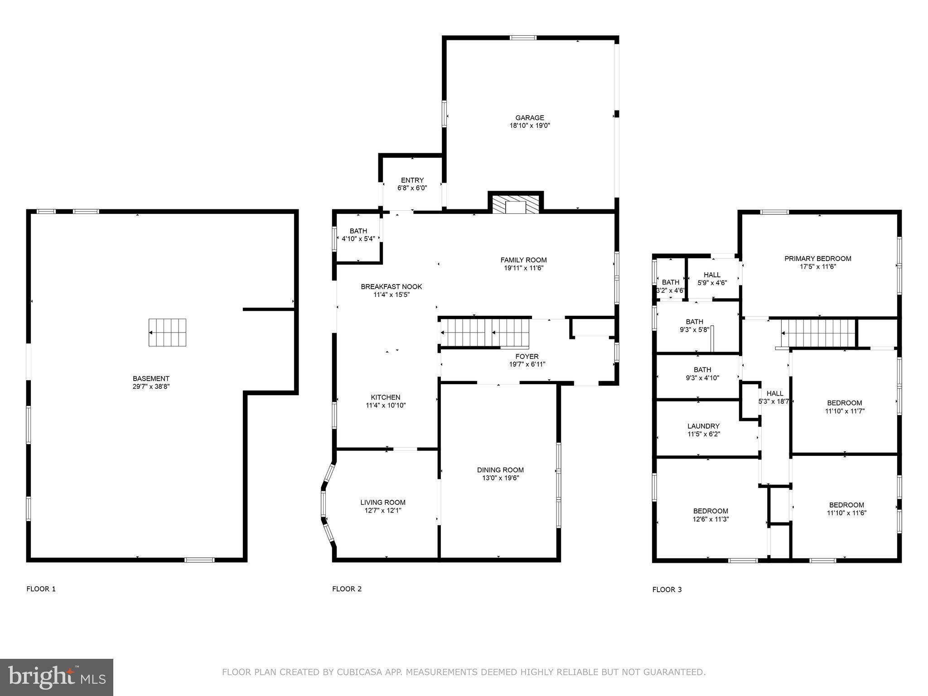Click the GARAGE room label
(529, 118)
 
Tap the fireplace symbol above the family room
(515, 204)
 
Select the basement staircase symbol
(167, 333)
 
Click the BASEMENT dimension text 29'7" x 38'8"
(151, 387)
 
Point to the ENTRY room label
(412, 180)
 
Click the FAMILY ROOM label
(523, 260)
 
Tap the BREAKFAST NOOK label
(391, 286)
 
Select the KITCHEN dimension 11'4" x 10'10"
(386, 406)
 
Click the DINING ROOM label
(500, 470)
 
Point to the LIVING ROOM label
(382, 502)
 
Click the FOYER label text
(527, 357)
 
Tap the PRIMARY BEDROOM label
(817, 259)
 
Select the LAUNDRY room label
(703, 426)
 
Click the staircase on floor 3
(818, 333)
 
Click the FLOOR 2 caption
(347, 589)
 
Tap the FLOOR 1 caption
(41, 589)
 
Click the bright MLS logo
(57, 677)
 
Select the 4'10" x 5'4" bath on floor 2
(358, 235)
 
